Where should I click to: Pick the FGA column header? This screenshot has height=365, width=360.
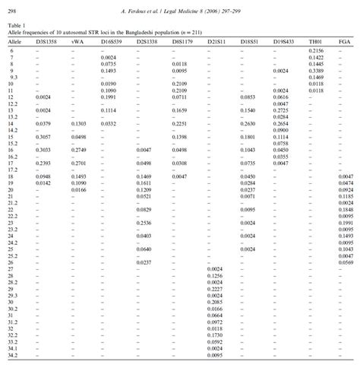pyautogui.click(x=345, y=41)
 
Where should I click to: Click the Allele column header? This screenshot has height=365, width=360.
pyautogui.click(x=14, y=41)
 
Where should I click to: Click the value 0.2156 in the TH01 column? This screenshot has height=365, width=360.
pyautogui.click(x=317, y=49)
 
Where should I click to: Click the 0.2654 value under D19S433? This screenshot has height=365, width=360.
pyautogui.click(x=280, y=122)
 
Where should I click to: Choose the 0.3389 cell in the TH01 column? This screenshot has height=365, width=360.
pyautogui.click(x=317, y=70)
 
